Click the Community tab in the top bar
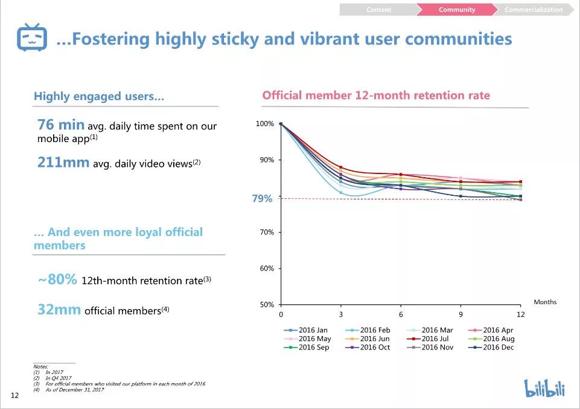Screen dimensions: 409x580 point(456,10)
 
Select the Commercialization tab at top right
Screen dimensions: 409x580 point(533,10)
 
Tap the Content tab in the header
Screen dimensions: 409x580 point(378,10)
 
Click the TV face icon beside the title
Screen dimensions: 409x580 point(32,39)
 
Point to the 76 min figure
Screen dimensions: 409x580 point(61,125)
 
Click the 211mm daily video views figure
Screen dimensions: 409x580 point(63,163)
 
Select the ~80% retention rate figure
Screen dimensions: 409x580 point(58,279)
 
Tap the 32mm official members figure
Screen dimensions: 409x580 point(59,310)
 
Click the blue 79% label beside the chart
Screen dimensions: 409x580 point(262,199)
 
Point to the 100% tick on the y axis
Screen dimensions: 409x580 point(266,124)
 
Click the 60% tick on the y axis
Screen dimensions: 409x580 point(267,269)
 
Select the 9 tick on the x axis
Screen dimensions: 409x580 point(460,314)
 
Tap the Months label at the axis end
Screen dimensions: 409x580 point(545,302)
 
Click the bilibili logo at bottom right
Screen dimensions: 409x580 point(544,389)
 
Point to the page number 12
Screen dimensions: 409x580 point(14,395)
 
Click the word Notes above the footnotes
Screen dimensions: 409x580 point(40,367)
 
